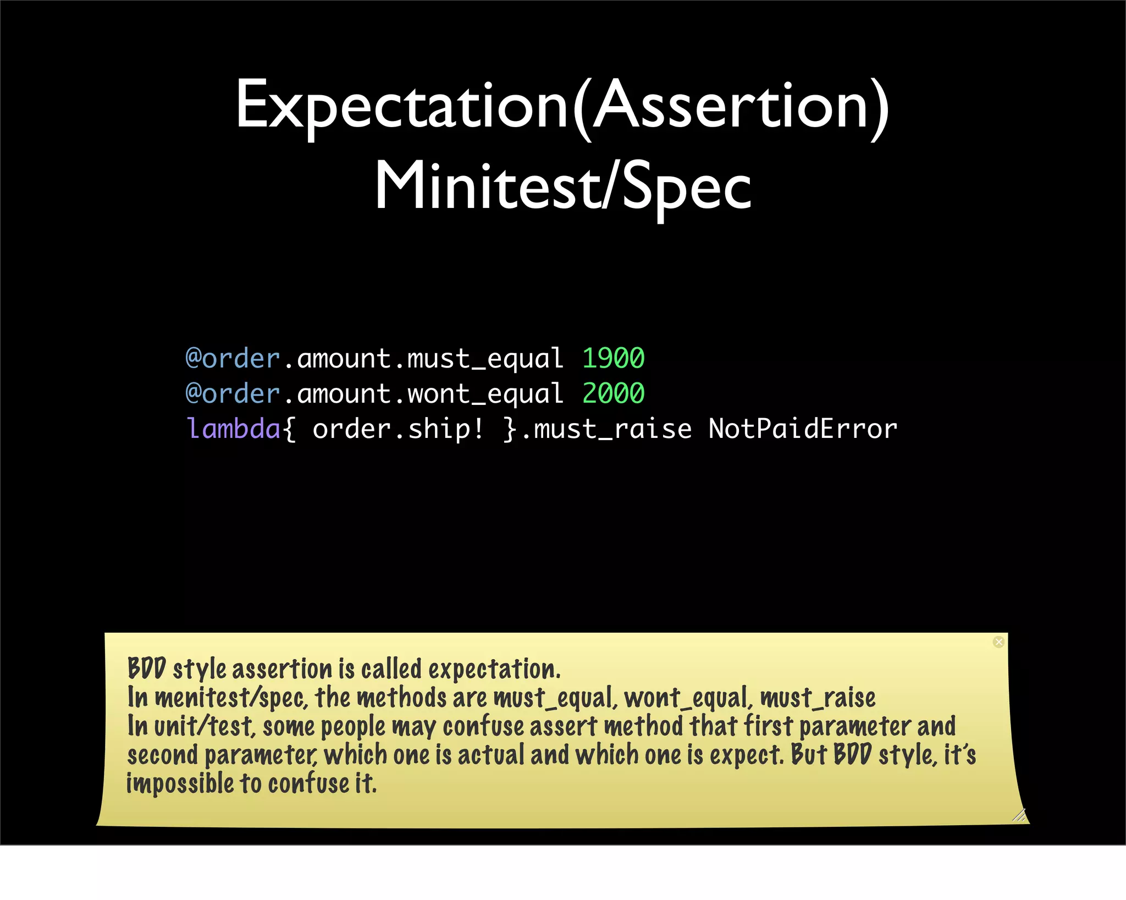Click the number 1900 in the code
pyautogui.click(x=613, y=359)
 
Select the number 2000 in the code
pyautogui.click(x=613, y=394)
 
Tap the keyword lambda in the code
pyautogui.click(x=234, y=429)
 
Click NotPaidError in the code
pyautogui.click(x=803, y=429)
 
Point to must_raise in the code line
pyautogui.click(x=612, y=429)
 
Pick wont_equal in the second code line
pyautogui.click(x=485, y=394)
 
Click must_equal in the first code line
pyautogui.click(x=485, y=359)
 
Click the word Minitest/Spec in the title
pyautogui.click(x=562, y=187)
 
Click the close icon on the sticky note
pyautogui.click(x=998, y=642)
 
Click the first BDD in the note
pyautogui.click(x=146, y=669)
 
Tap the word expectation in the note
pyautogui.click(x=494, y=669)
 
